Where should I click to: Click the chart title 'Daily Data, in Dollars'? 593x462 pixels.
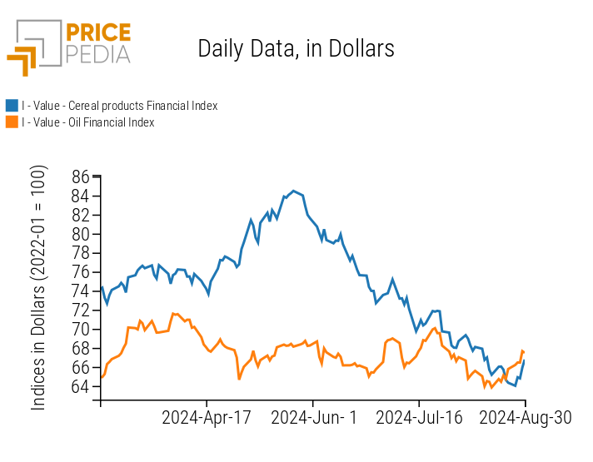click(296, 48)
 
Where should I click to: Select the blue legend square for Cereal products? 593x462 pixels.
click(12, 106)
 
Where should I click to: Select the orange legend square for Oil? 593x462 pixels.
click(12, 122)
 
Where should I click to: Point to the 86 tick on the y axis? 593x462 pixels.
click(81, 176)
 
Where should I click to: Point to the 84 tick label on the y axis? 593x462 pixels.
click(81, 196)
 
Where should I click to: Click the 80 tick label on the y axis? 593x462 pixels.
click(81, 234)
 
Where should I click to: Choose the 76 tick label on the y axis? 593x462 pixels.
click(81, 272)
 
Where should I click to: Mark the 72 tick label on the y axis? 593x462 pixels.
click(81, 310)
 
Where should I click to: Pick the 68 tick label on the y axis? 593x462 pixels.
click(81, 349)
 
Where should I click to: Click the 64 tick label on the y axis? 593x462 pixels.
click(81, 387)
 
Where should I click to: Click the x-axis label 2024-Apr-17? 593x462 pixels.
click(207, 418)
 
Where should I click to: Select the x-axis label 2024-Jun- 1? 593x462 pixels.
click(313, 418)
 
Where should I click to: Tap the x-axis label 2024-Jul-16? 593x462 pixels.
click(419, 418)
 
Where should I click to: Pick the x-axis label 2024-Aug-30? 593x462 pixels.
click(526, 418)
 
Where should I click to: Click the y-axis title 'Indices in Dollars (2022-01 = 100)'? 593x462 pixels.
click(39, 287)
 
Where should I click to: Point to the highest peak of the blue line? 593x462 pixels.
click(293, 191)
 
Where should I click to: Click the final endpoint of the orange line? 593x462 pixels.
click(524, 352)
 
